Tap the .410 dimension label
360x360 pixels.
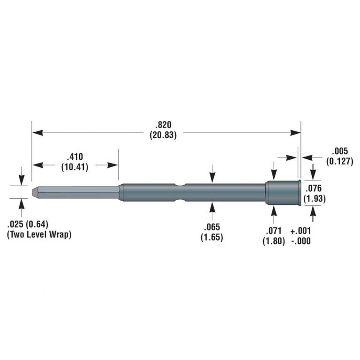click(76, 157)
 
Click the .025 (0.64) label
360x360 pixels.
click(28, 224)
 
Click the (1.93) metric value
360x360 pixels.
click(314, 199)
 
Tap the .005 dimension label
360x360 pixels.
click(339, 151)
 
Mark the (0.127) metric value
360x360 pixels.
click(339, 161)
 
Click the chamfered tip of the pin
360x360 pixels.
click(35, 192)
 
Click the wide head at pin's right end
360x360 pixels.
click(283, 193)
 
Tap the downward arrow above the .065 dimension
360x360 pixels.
click(212, 174)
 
